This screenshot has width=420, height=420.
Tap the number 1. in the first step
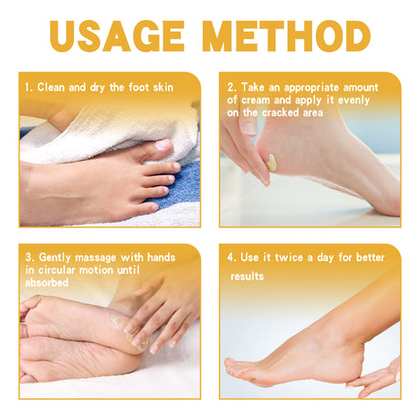click(29, 88)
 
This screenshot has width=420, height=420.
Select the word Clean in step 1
click(54, 88)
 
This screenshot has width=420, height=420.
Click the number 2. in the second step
click(232, 88)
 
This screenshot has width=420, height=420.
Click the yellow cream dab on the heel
click(271, 163)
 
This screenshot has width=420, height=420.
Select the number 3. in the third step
click(29, 257)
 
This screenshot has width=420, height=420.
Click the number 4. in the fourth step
click(232, 257)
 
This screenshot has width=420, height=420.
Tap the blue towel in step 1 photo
click(183, 187)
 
